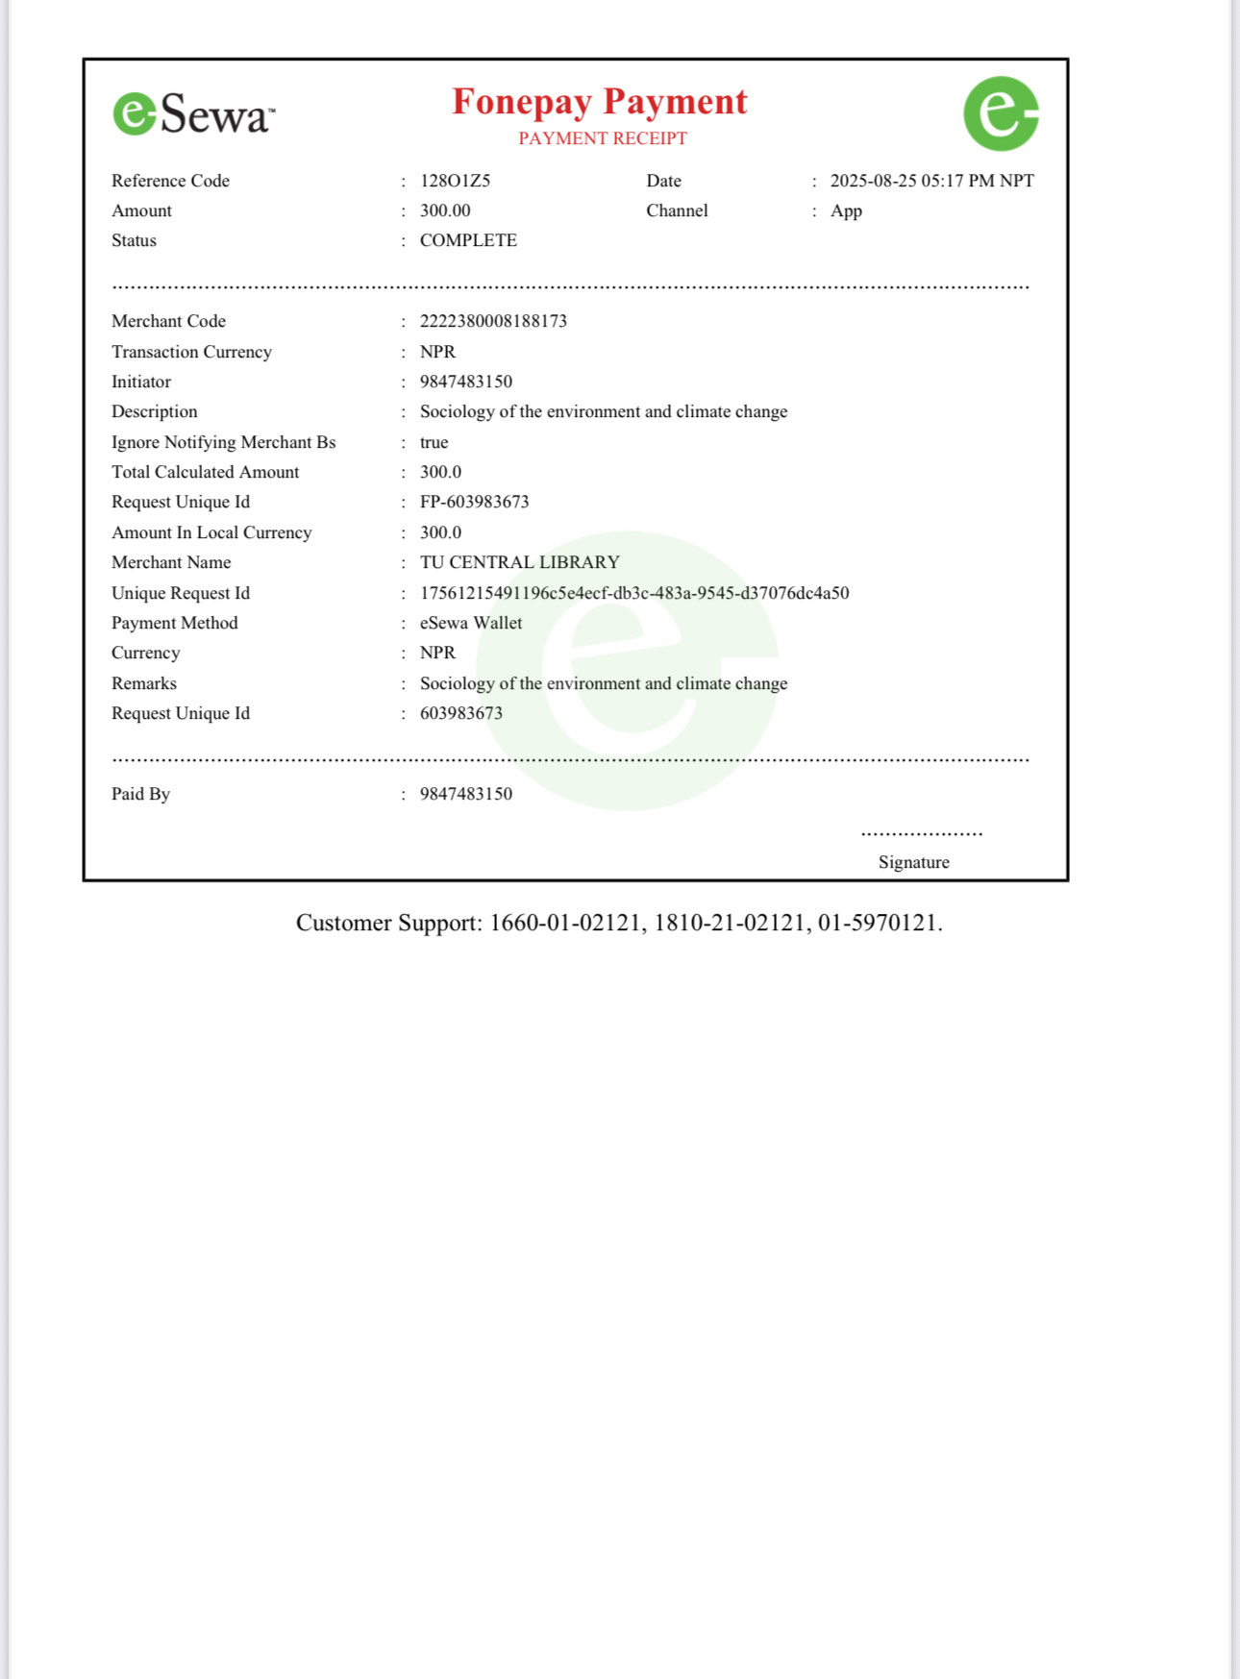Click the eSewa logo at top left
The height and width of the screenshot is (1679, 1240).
click(x=193, y=114)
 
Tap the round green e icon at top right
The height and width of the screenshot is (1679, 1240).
click(x=1001, y=113)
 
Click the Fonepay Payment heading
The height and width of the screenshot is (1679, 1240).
click(x=600, y=102)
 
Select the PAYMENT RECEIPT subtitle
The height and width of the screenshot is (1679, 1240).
click(x=603, y=138)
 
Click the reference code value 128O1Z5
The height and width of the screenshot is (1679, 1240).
click(x=455, y=181)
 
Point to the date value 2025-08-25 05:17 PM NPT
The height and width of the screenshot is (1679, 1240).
click(x=931, y=181)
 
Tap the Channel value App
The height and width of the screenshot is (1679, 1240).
click(x=846, y=210)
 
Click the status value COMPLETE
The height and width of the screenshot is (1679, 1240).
click(x=468, y=240)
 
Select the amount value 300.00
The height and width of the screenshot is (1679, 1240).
click(x=445, y=210)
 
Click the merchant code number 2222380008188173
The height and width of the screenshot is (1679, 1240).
click(x=493, y=321)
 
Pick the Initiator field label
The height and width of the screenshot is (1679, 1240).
click(x=141, y=382)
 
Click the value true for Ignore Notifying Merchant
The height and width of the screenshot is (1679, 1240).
click(x=434, y=442)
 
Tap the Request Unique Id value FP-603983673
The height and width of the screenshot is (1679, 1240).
click(x=474, y=502)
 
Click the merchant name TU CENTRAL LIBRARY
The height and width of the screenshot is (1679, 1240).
click(x=519, y=562)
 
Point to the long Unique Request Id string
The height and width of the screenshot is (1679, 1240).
click(x=634, y=593)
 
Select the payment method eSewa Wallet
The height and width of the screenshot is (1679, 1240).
click(x=471, y=623)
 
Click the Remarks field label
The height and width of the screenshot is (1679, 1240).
click(x=144, y=683)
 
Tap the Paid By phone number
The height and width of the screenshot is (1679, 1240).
click(x=466, y=794)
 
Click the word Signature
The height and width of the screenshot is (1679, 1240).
click(x=913, y=862)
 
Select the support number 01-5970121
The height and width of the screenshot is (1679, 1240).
click(x=877, y=923)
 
